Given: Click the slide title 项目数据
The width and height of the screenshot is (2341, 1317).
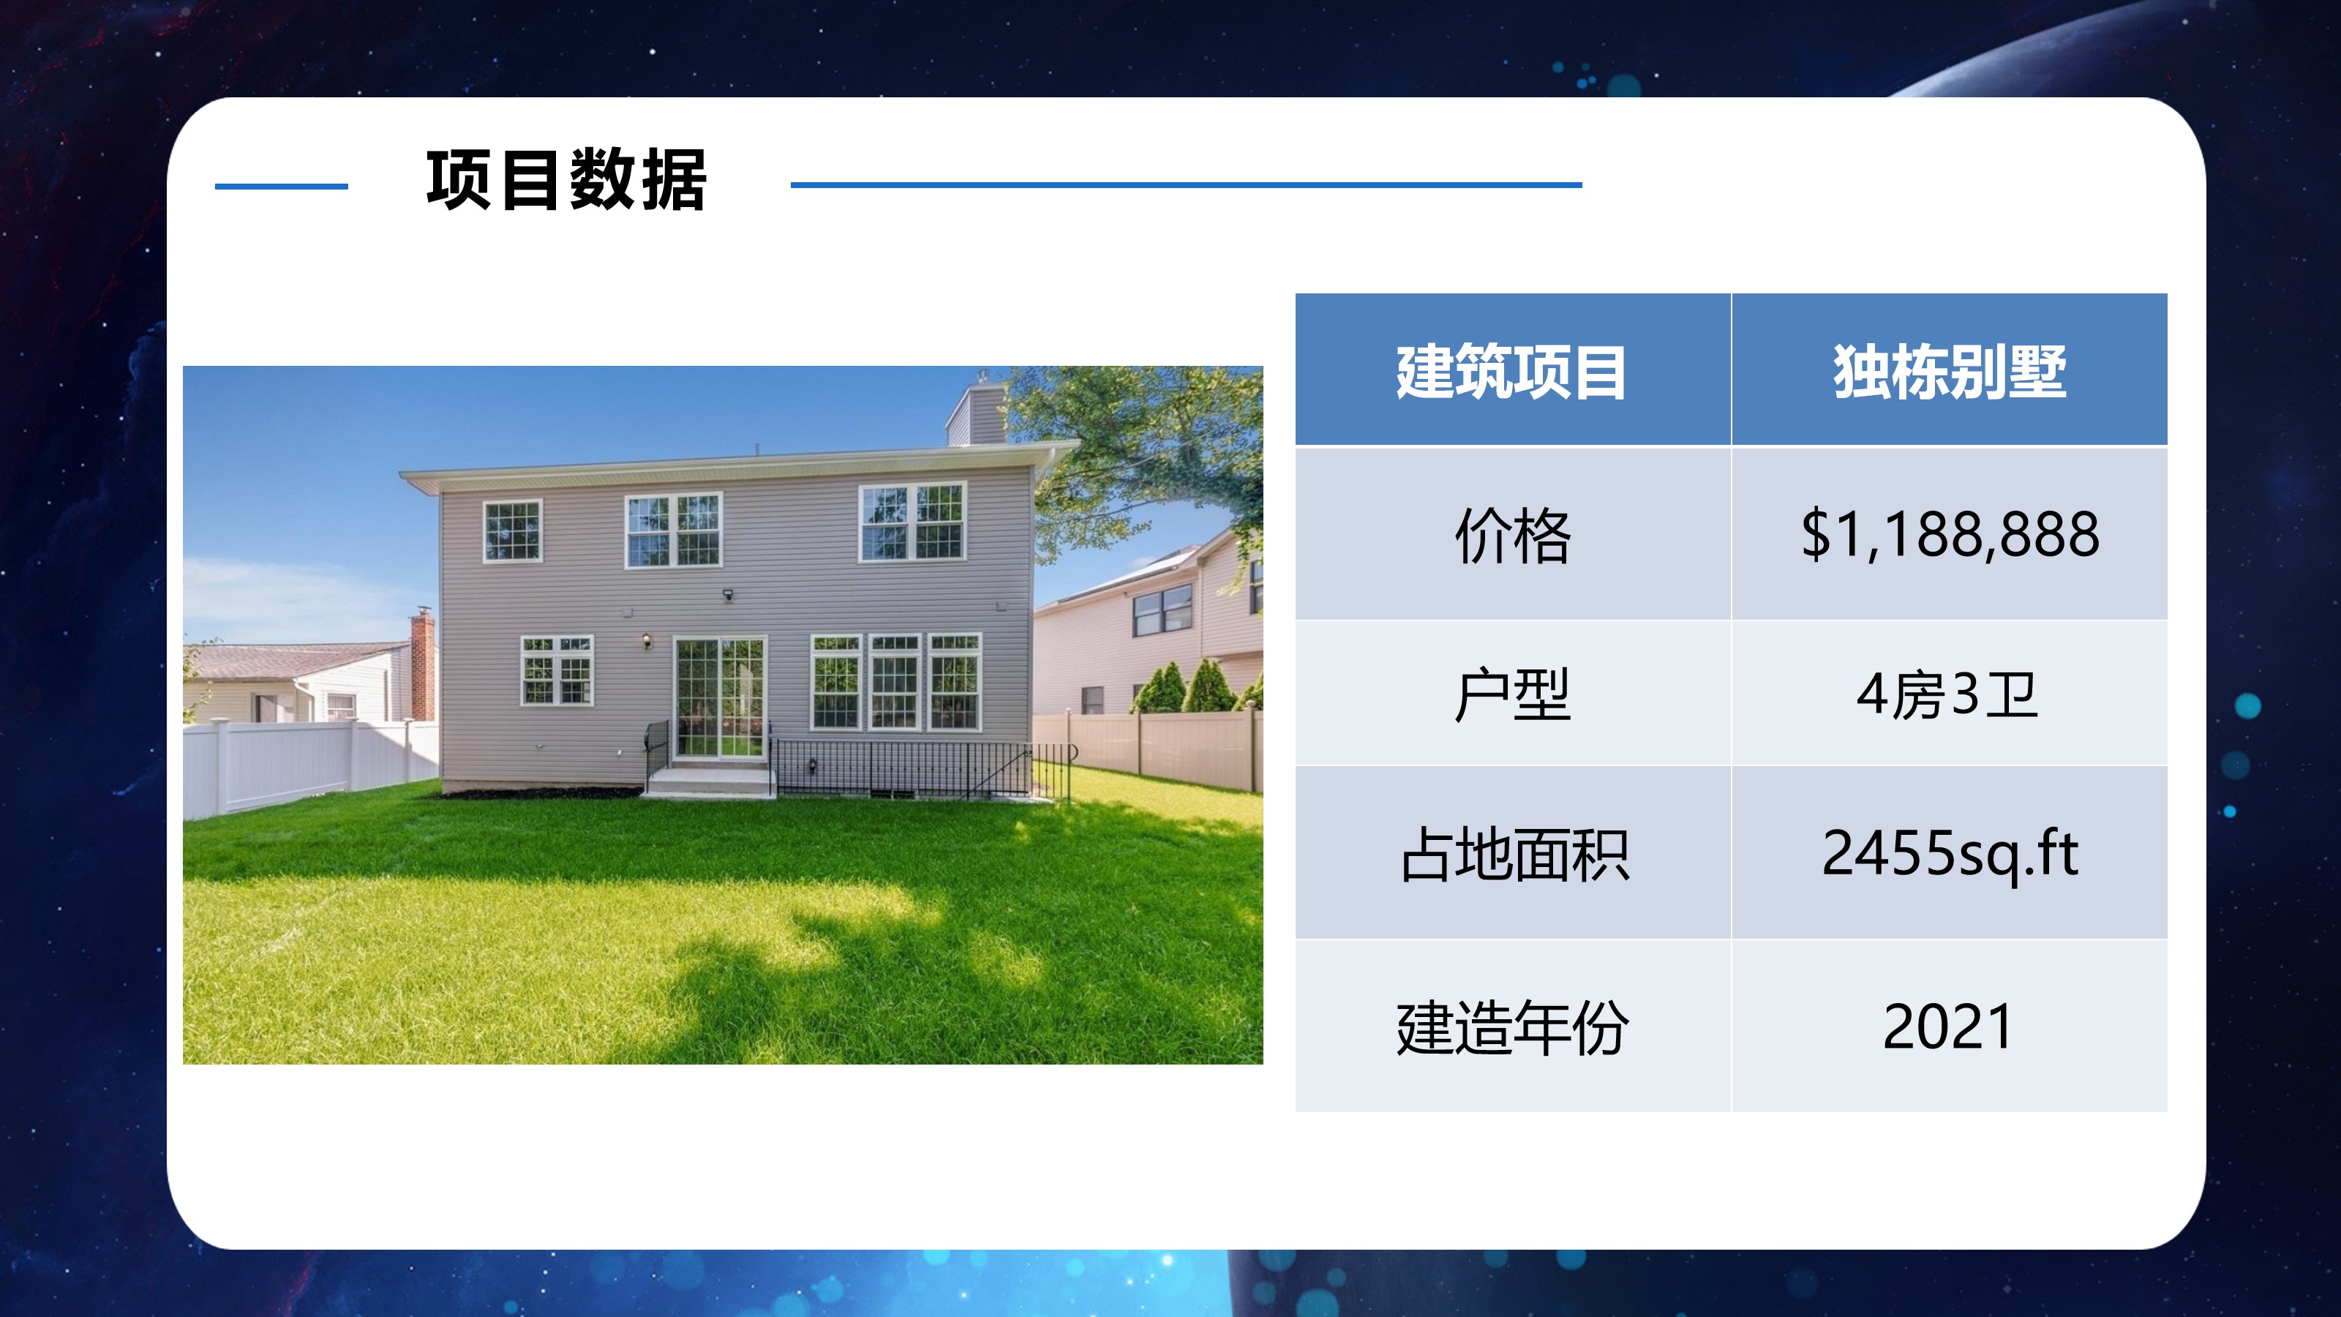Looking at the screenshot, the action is coord(566,180).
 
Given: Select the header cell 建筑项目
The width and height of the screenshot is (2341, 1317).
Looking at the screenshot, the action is coord(1511,372).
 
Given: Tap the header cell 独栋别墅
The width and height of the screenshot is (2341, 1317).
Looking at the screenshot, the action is coord(1950,372).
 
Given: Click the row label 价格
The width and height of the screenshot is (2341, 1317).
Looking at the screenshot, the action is coord(1512,536).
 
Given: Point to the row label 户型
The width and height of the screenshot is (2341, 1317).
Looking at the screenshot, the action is coord(1512,694).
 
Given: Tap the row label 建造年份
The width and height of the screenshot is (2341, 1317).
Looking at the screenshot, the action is coord(1512,1028).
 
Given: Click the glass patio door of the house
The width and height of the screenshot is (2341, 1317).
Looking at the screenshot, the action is coord(719,697).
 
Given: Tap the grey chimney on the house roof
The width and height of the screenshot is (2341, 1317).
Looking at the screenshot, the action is coord(975,413).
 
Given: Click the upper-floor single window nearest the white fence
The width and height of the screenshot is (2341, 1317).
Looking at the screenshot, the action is coord(511,530).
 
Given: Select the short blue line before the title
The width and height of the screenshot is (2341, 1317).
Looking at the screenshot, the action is coord(282,187).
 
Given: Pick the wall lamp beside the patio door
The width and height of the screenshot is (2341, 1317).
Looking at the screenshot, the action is coord(647,641).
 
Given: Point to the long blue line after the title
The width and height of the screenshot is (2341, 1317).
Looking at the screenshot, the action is coord(1186,184).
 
